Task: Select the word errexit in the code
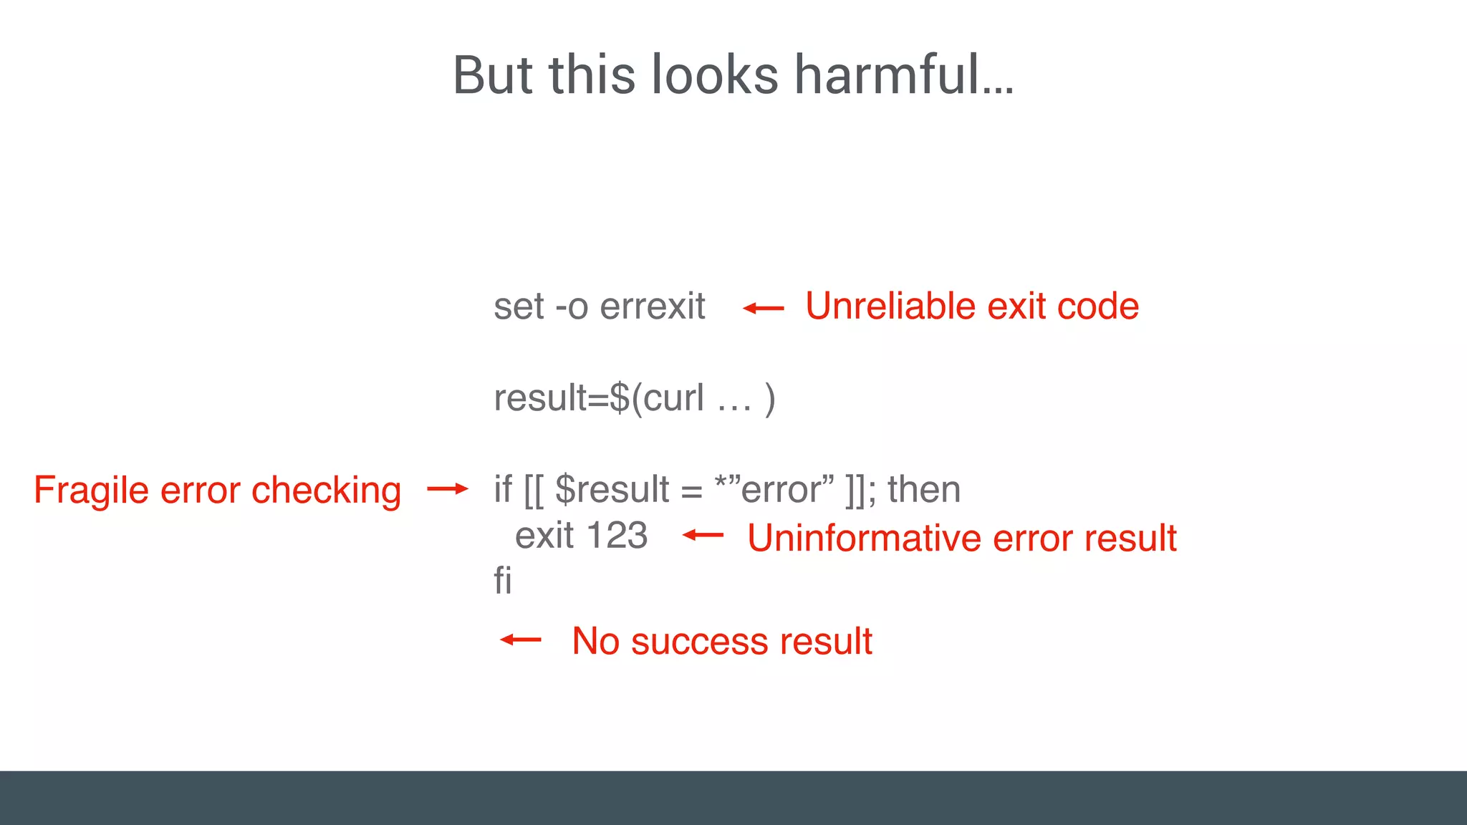(x=652, y=307)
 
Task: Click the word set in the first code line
(x=519, y=307)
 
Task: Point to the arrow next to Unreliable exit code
(x=764, y=309)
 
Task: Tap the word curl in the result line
(x=673, y=398)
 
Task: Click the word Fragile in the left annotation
(x=91, y=491)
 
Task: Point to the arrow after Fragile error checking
(x=447, y=489)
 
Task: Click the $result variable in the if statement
(x=612, y=490)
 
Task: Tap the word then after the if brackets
(x=924, y=490)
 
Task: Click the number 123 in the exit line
(x=617, y=536)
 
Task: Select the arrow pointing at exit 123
(x=703, y=535)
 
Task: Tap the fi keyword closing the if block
(x=503, y=580)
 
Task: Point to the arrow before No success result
(x=521, y=640)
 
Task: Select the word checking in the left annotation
(x=326, y=491)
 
